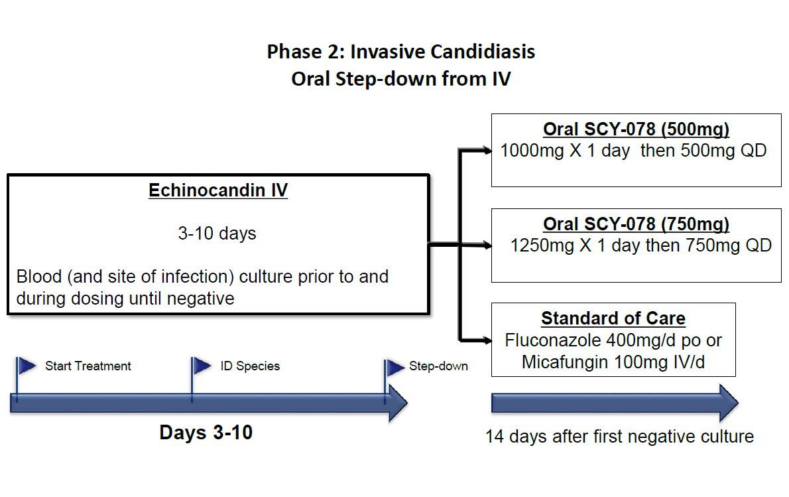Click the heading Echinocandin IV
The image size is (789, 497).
[217, 190]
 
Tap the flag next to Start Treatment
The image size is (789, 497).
[27, 365]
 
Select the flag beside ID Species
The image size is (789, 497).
[202, 365]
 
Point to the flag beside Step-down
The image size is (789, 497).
[395, 367]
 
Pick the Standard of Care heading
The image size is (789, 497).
[613, 319]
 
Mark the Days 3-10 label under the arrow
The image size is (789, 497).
[206, 433]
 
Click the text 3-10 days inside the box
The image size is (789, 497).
[217, 234]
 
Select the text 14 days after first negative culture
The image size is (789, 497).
[619, 437]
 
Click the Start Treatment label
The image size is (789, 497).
[88, 366]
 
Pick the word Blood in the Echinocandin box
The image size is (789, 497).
[39, 276]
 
